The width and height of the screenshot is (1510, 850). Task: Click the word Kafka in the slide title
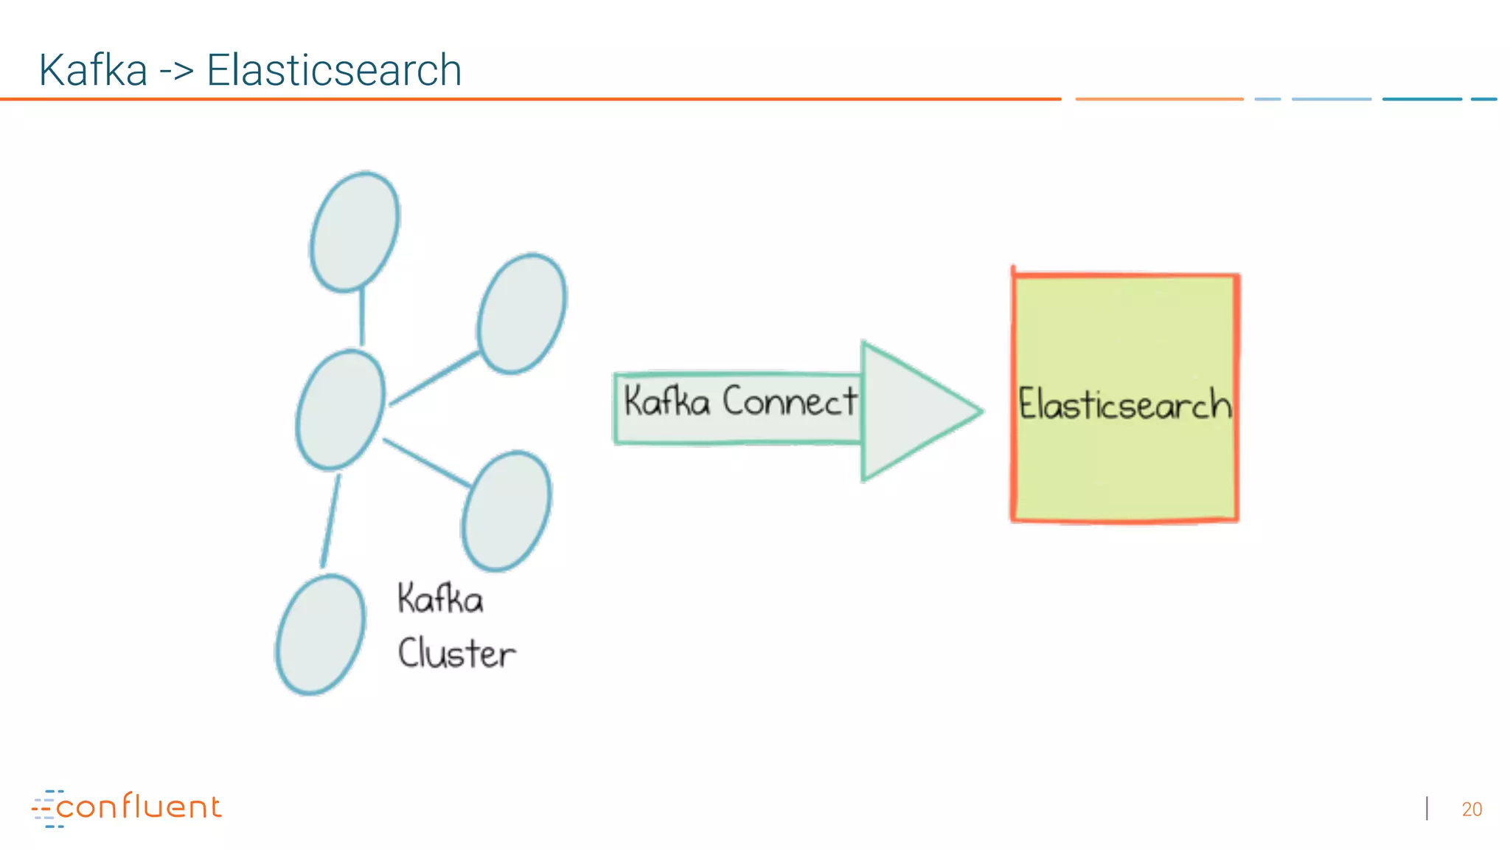(x=93, y=71)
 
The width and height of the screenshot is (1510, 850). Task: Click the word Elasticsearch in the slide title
(x=333, y=71)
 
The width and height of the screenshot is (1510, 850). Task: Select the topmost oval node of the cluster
(x=355, y=232)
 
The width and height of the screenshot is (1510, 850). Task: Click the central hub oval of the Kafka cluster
(x=341, y=410)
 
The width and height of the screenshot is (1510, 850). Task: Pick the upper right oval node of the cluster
(x=521, y=314)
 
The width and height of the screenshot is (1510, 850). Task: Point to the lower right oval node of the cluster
(x=507, y=511)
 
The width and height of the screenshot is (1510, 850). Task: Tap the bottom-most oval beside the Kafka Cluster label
(x=321, y=635)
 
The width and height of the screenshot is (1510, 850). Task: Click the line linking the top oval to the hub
(x=362, y=317)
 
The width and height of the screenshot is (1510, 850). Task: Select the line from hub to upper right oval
(x=433, y=379)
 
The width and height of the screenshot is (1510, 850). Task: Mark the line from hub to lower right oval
(x=426, y=463)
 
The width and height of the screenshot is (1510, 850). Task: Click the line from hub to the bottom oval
(x=330, y=520)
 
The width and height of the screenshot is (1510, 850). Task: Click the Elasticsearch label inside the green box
(x=1124, y=404)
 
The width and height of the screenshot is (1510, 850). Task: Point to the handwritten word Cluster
(x=456, y=654)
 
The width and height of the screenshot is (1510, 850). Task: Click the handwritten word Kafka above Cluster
(x=440, y=598)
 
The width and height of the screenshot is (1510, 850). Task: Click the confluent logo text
(x=139, y=806)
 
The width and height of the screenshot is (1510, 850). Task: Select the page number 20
(x=1472, y=809)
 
